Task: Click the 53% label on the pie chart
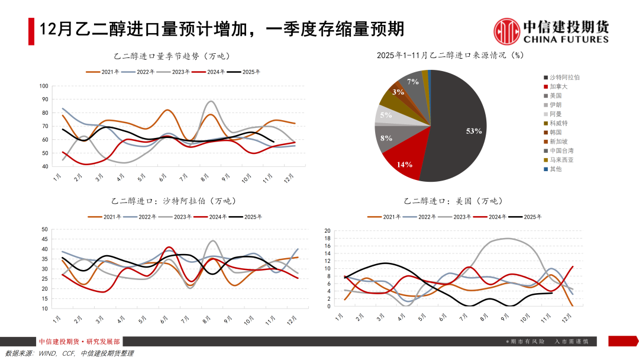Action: tap(474, 131)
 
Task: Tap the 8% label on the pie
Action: tap(386, 138)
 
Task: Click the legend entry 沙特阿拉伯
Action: tap(564, 77)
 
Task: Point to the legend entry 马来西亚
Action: tap(561, 160)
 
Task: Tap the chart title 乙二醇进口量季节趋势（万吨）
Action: tap(171, 56)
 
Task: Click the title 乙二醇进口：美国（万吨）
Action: tap(453, 201)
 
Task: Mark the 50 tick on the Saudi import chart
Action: tap(44, 229)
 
